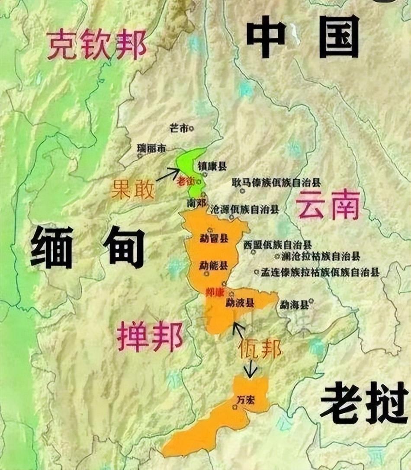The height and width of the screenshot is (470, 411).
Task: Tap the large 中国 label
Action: tap(302, 36)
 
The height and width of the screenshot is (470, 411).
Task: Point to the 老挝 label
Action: tap(364, 404)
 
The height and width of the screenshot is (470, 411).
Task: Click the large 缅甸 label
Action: tap(87, 247)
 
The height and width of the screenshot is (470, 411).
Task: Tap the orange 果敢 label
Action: tap(132, 189)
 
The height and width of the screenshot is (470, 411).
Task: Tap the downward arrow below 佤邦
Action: tap(250, 369)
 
